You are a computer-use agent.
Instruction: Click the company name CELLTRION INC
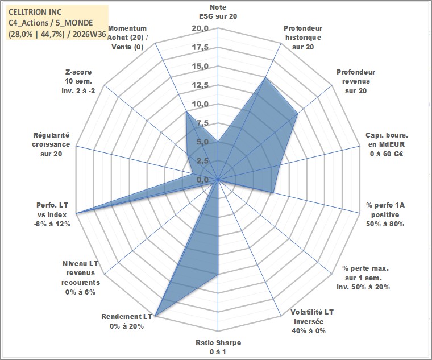35,12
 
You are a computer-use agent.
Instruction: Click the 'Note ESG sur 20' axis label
218,11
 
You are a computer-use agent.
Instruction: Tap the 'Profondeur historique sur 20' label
303,38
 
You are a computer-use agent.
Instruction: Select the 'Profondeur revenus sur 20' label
356,81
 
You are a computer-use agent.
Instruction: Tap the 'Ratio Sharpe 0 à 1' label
218,347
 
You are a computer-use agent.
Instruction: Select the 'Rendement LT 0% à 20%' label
127,321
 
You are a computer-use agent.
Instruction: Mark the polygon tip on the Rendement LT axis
155,316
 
